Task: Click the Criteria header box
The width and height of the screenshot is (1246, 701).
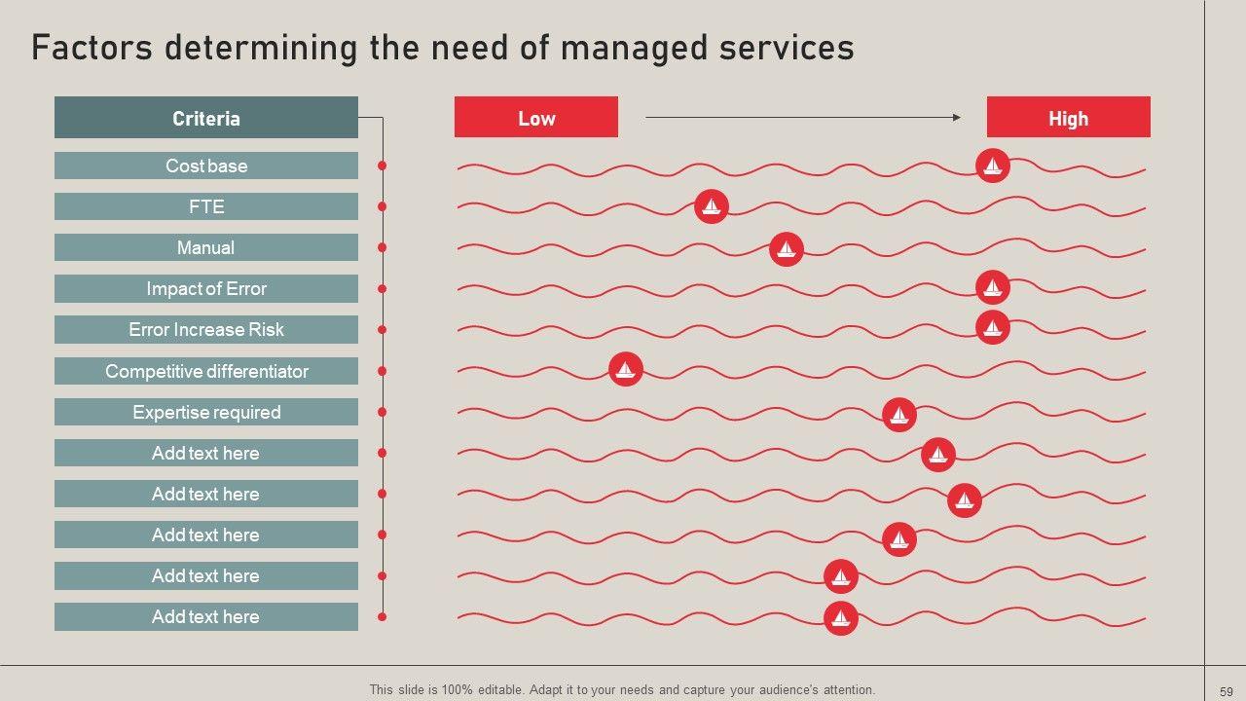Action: click(x=205, y=118)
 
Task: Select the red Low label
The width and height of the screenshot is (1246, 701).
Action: click(x=535, y=118)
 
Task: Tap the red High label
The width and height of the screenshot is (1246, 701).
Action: click(x=1068, y=118)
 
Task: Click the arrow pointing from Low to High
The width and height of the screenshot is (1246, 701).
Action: click(x=803, y=117)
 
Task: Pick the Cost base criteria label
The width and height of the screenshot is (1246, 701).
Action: click(x=205, y=166)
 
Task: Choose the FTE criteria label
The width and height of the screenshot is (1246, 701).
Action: click(x=205, y=206)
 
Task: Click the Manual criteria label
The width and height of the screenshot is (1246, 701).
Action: click(x=205, y=247)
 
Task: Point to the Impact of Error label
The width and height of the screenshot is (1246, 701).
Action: click(x=205, y=288)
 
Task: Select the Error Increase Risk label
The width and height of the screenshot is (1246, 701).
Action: click(x=205, y=329)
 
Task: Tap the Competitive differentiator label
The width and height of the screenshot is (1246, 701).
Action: click(x=205, y=371)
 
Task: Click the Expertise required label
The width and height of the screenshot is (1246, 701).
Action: click(x=205, y=412)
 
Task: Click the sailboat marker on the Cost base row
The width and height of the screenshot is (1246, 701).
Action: click(x=992, y=166)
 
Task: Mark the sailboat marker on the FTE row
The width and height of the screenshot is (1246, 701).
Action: click(x=712, y=206)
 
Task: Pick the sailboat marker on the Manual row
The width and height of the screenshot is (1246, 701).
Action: click(x=786, y=249)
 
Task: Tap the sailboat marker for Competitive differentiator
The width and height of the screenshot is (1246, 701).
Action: click(x=626, y=369)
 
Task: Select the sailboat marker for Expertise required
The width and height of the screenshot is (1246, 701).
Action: click(x=898, y=415)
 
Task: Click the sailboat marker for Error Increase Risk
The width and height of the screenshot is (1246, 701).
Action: click(x=992, y=327)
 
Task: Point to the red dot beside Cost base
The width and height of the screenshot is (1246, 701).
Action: click(x=382, y=166)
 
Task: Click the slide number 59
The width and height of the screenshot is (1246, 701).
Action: click(x=1226, y=691)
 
